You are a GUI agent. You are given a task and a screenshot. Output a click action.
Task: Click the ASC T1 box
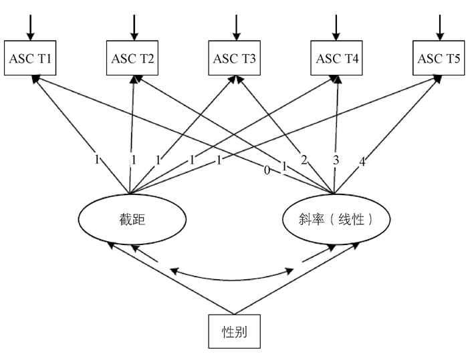pyautogui.click(x=31, y=57)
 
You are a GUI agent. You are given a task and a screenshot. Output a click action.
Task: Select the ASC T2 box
pyautogui.click(x=133, y=57)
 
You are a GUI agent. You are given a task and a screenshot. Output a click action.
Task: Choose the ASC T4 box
pyautogui.click(x=337, y=57)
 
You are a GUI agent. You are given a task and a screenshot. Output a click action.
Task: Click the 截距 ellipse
pyautogui.click(x=131, y=218)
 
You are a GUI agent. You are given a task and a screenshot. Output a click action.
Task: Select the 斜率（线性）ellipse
pyautogui.click(x=334, y=218)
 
